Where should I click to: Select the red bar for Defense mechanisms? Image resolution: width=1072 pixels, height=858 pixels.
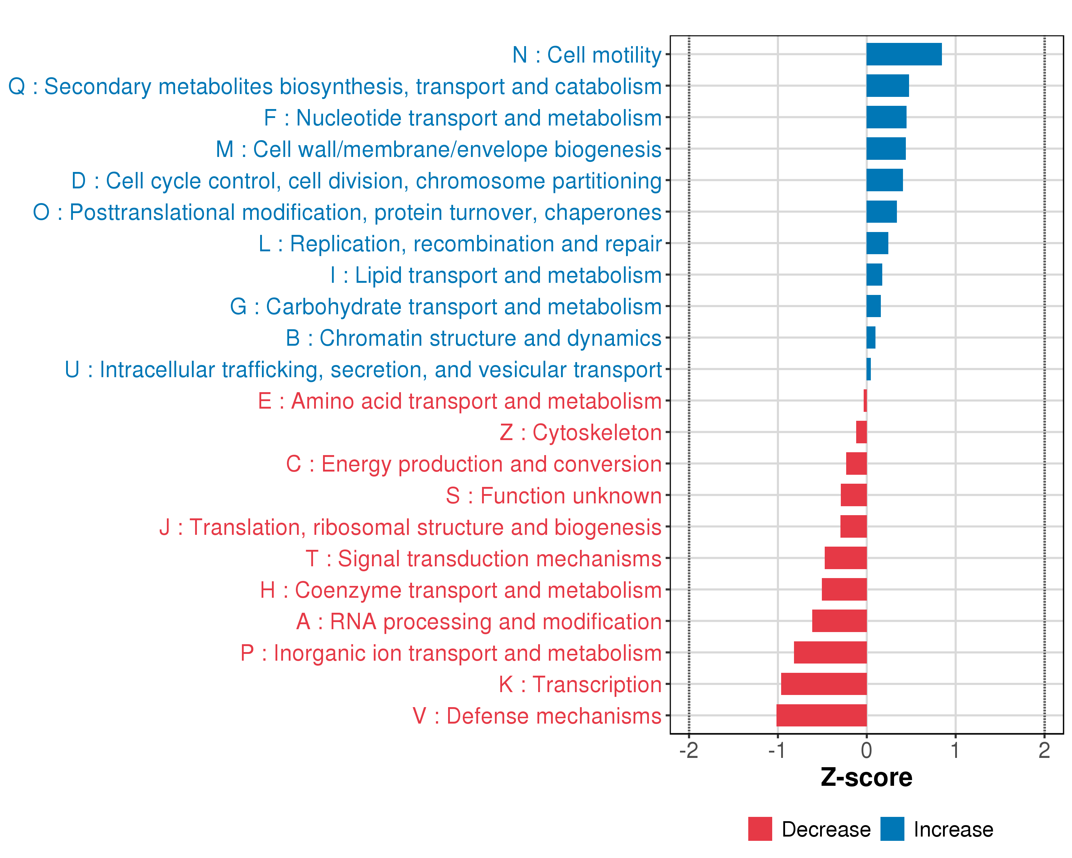coord(822,715)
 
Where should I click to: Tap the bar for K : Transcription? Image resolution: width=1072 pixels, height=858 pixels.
coord(824,684)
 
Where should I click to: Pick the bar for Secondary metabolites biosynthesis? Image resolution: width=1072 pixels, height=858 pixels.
coord(888,85)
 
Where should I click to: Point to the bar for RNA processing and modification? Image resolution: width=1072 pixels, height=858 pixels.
coord(839,621)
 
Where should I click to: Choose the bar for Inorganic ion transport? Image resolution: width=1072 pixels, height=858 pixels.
coord(830,652)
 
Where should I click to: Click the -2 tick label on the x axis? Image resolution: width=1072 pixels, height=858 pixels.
coord(689,750)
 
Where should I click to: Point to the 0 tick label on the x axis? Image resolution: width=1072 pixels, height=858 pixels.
coord(866,750)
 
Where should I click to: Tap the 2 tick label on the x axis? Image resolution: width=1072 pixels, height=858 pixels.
coord(1044,750)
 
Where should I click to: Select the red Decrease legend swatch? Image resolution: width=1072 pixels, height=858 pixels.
coord(760,829)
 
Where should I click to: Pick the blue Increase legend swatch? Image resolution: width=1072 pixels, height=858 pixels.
coord(892,829)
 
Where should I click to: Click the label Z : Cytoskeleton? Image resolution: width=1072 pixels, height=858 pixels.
coord(580,433)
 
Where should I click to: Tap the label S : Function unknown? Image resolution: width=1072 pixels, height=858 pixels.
coord(554,496)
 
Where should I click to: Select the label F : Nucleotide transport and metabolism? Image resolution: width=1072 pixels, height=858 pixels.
coord(462,118)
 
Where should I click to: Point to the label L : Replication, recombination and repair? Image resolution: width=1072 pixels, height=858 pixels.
coord(460,244)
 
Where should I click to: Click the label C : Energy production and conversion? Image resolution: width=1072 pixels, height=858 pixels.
coord(473,464)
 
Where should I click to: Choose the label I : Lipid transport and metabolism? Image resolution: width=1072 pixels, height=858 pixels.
coord(496,275)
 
